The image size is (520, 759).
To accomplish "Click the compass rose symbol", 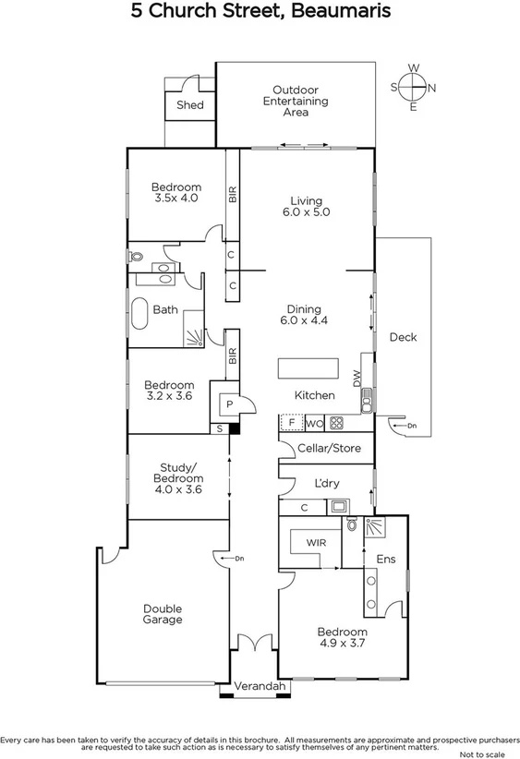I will pos(413,87).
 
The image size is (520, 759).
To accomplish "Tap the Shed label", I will pos(189,105).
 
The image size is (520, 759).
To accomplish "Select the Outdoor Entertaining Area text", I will pos(296,101).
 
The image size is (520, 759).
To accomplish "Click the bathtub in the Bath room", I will pos(139,314).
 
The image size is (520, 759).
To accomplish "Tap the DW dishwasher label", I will pos(356,377).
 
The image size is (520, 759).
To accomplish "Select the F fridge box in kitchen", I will pos(292,424).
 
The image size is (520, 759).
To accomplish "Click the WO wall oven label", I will pos(313,424).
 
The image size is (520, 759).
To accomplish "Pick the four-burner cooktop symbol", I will pos(337,424).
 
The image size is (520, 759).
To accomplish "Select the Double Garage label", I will pos(163,614).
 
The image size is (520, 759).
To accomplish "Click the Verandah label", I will pos(253,687).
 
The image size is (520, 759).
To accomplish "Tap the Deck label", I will pos(403,337).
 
